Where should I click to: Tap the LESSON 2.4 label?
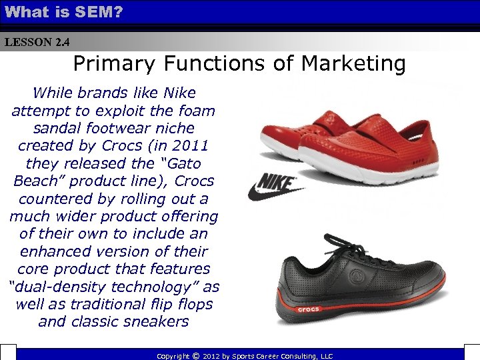[x=37, y=43]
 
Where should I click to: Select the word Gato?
[x=175, y=163]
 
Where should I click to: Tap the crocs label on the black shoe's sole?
[x=307, y=309]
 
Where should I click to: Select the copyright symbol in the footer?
[x=195, y=356]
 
